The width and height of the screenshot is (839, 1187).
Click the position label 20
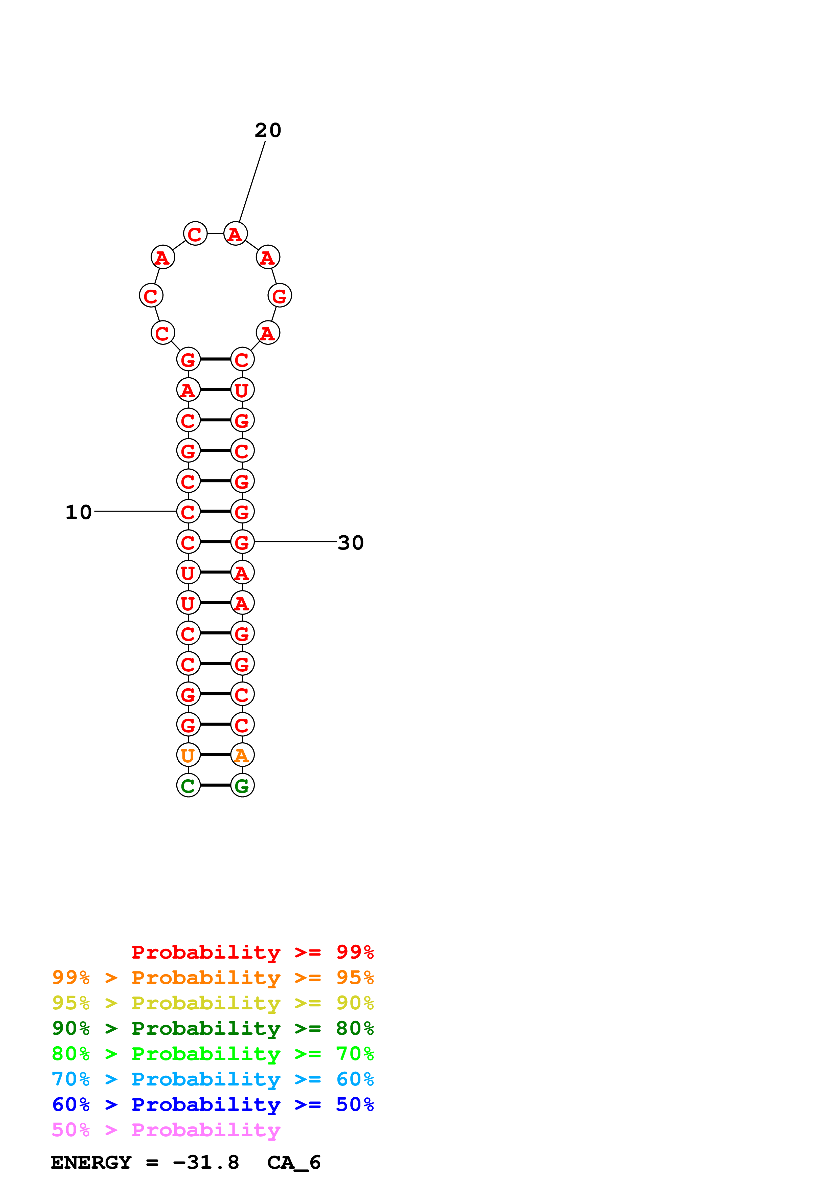pos(268,130)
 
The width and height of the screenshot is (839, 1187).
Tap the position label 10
pos(79,512)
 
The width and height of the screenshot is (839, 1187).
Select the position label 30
pos(351,543)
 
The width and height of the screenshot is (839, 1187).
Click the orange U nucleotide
pos(188,755)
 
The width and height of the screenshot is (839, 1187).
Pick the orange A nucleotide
pos(242,755)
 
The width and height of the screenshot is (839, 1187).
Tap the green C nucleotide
pos(188,785)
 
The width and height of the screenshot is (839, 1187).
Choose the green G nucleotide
pos(242,785)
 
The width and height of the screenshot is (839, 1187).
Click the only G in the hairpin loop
pos(280,296)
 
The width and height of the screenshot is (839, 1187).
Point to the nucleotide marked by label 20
pos(235,234)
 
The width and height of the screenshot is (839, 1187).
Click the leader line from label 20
pos(252,181)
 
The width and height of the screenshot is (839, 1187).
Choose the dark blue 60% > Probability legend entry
pos(213,1104)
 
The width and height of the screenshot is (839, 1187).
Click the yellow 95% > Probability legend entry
pos(213,1003)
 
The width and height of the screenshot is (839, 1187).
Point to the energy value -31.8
pos(206,1162)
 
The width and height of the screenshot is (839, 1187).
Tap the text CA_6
pos(294,1162)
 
